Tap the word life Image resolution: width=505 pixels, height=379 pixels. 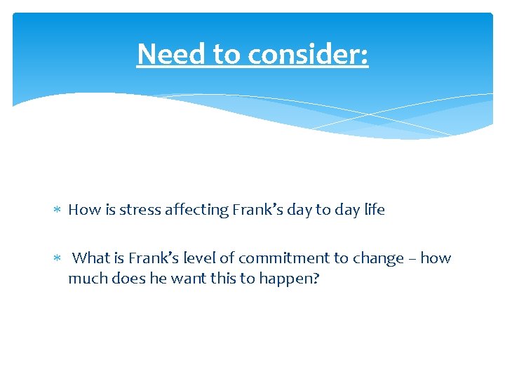[x=374, y=210]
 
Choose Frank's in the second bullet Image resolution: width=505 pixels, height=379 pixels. [x=156, y=258]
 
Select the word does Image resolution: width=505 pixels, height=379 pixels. [x=127, y=278]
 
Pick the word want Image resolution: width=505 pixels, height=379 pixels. [x=182, y=278]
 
